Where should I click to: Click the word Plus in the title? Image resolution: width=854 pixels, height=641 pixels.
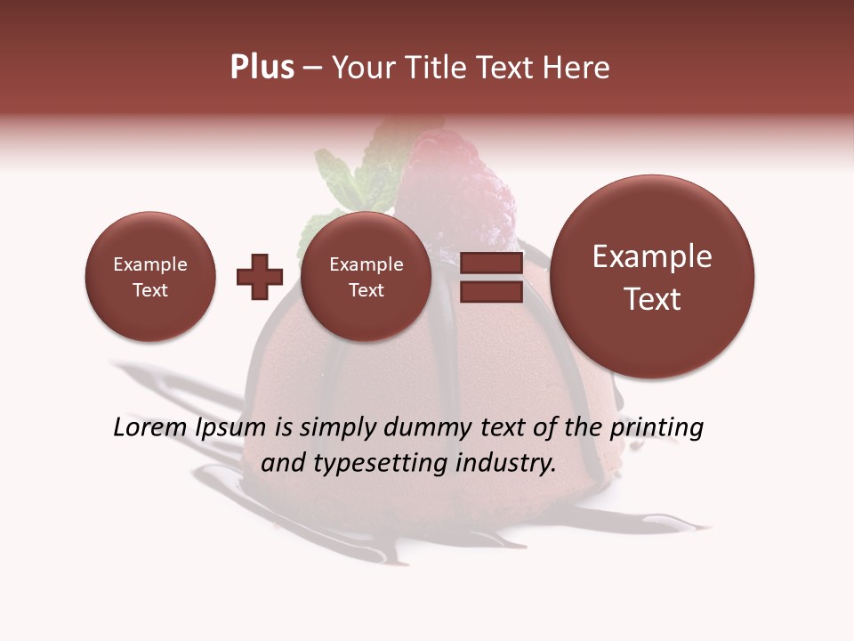click(262, 68)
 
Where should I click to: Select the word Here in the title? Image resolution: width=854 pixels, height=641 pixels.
click(578, 68)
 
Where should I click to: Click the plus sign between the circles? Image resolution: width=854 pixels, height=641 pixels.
click(260, 277)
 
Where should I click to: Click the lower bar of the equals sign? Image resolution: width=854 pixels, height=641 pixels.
click(491, 292)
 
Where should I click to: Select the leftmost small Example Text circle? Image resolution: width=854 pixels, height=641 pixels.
click(150, 277)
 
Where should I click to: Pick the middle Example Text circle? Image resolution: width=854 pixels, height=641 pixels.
click(366, 277)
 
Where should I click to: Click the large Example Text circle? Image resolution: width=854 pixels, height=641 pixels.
click(652, 277)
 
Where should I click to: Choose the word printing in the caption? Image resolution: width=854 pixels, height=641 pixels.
click(656, 427)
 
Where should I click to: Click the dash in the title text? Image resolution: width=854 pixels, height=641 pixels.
click(312, 68)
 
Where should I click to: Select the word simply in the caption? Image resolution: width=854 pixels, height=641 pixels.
click(336, 427)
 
